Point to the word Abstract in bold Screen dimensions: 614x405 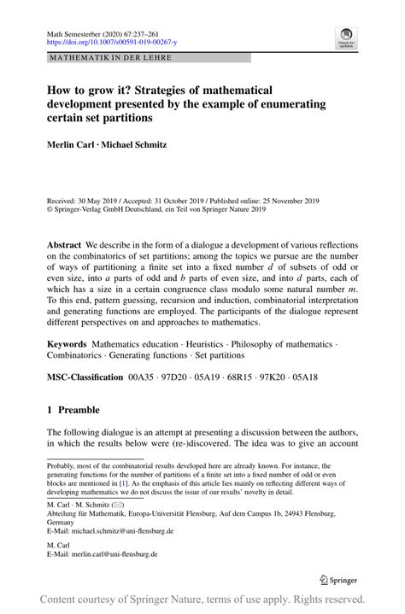pyautogui.click(x=66, y=243)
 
